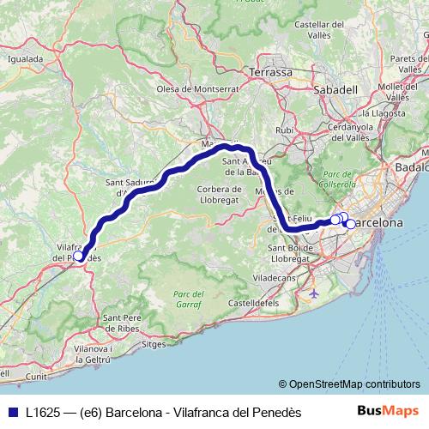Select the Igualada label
25,59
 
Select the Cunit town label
36,376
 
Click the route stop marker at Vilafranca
78,256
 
